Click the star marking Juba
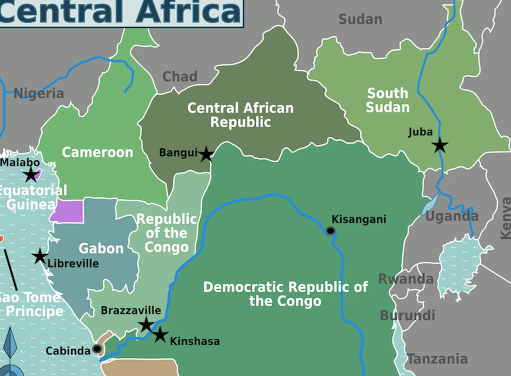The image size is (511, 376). click(x=440, y=145)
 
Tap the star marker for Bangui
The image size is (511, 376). click(x=206, y=154)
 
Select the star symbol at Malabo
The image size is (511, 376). click(x=31, y=175)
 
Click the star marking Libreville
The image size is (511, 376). click(x=40, y=256)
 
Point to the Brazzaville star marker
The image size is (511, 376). click(x=146, y=325)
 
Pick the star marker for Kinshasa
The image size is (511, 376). click(x=160, y=335)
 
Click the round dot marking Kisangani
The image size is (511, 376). click(x=331, y=230)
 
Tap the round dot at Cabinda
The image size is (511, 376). click(x=97, y=349)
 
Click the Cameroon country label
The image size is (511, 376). click(x=97, y=152)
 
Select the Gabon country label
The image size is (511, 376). click(x=101, y=248)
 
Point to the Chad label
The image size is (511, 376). click(x=180, y=77)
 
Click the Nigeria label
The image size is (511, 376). click(x=39, y=93)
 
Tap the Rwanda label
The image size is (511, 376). click(x=406, y=279)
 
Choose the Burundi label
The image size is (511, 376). click(x=407, y=316)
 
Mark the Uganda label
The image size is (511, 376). click(x=452, y=216)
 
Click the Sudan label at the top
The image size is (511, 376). click(x=360, y=20)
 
